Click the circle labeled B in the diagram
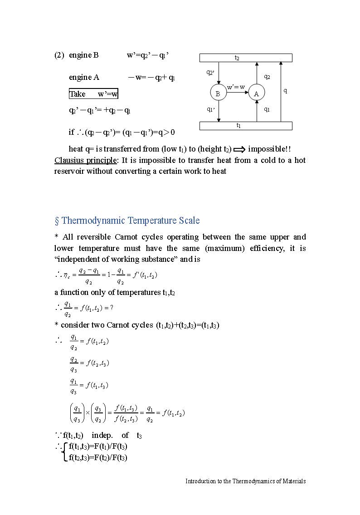pos(218,93)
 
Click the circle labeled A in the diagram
pos(256,93)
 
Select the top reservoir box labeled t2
pos(246,58)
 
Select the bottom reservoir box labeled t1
pos(246,126)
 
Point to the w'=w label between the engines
pos(236,87)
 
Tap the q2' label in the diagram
pos(210,72)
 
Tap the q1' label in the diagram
pos(210,109)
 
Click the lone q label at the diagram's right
pos(285,90)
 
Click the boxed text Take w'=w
pos(93,94)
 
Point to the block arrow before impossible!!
pos(239,149)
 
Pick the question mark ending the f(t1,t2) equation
pos(112,308)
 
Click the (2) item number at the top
pos(59,55)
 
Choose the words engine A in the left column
pos(84,77)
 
